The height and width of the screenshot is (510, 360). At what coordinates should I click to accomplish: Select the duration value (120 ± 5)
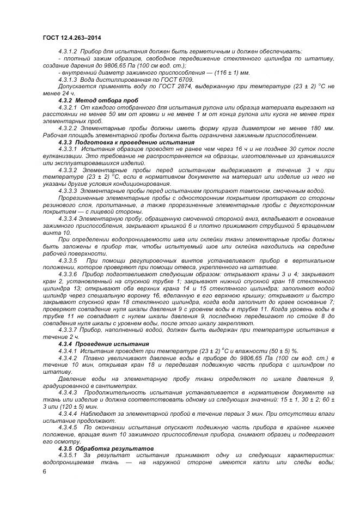[71, 406]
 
